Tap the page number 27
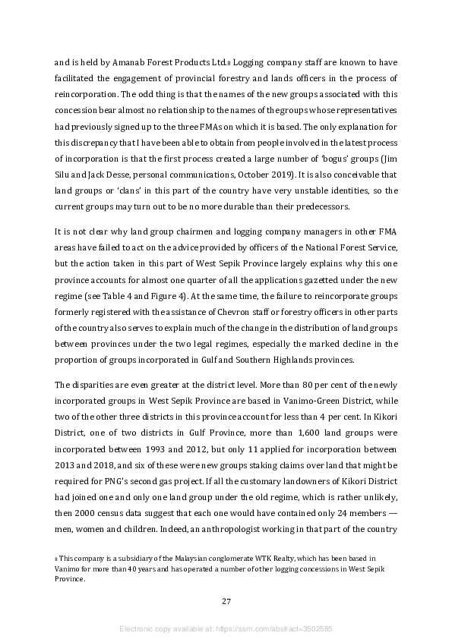point(226,602)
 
